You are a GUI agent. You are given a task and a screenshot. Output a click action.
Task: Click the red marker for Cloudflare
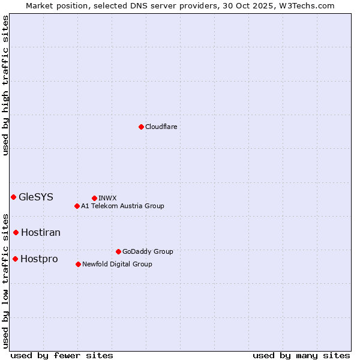pyautogui.click(x=141, y=127)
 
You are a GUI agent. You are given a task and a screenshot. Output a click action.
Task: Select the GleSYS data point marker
pyautogui.click(x=13, y=197)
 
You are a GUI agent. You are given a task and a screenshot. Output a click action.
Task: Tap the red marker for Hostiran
pyautogui.click(x=16, y=232)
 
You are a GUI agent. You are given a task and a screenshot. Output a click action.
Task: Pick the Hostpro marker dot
pyautogui.click(x=15, y=259)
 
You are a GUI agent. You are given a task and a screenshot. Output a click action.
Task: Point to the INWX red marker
pyautogui.click(x=94, y=198)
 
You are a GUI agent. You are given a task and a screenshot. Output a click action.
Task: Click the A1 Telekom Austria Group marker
pyautogui.click(x=77, y=206)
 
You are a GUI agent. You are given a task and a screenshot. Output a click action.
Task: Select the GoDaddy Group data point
pyautogui.click(x=118, y=251)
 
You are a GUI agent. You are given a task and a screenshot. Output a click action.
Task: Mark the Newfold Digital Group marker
pyautogui.click(x=78, y=264)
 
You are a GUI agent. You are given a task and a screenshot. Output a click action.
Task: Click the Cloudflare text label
pyautogui.click(x=161, y=127)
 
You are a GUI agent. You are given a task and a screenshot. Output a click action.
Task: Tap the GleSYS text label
pyautogui.click(x=36, y=197)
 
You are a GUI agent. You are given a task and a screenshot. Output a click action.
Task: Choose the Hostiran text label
pyautogui.click(x=41, y=232)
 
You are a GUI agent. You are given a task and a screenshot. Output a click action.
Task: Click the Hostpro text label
pyautogui.click(x=39, y=259)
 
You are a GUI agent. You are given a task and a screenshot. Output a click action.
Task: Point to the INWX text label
pyautogui.click(x=107, y=198)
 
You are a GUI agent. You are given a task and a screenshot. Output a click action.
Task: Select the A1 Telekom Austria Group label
pyautogui.click(x=122, y=206)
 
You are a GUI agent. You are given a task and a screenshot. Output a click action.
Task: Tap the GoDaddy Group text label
pyautogui.click(x=148, y=251)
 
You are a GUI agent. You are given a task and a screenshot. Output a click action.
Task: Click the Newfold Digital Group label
pyautogui.click(x=117, y=264)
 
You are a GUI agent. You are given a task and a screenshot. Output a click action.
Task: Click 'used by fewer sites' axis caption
pyautogui.click(x=62, y=355)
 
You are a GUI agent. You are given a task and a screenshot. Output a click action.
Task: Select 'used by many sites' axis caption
pyautogui.click(x=301, y=355)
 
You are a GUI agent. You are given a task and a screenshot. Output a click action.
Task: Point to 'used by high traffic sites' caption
pyautogui.click(x=5, y=85)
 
